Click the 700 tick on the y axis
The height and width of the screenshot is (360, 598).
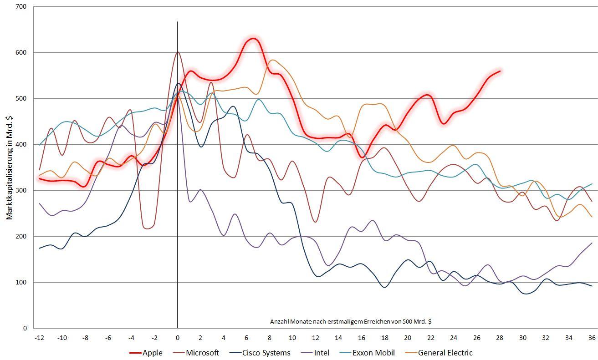point(21,7)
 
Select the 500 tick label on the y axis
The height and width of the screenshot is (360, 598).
point(21,98)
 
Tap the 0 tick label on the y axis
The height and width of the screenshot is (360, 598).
point(25,328)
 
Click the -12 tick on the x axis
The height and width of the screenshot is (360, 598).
point(39,338)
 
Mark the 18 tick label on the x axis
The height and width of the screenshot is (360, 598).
point(385,338)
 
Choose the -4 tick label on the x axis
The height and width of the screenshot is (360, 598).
point(131,338)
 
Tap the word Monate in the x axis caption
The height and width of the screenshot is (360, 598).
point(300,321)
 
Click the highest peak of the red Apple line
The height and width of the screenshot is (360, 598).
point(253,39)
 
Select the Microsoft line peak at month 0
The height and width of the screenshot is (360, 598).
point(178,51)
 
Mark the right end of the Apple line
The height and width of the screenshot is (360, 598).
point(500,71)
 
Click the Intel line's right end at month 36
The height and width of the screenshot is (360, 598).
point(592,243)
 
